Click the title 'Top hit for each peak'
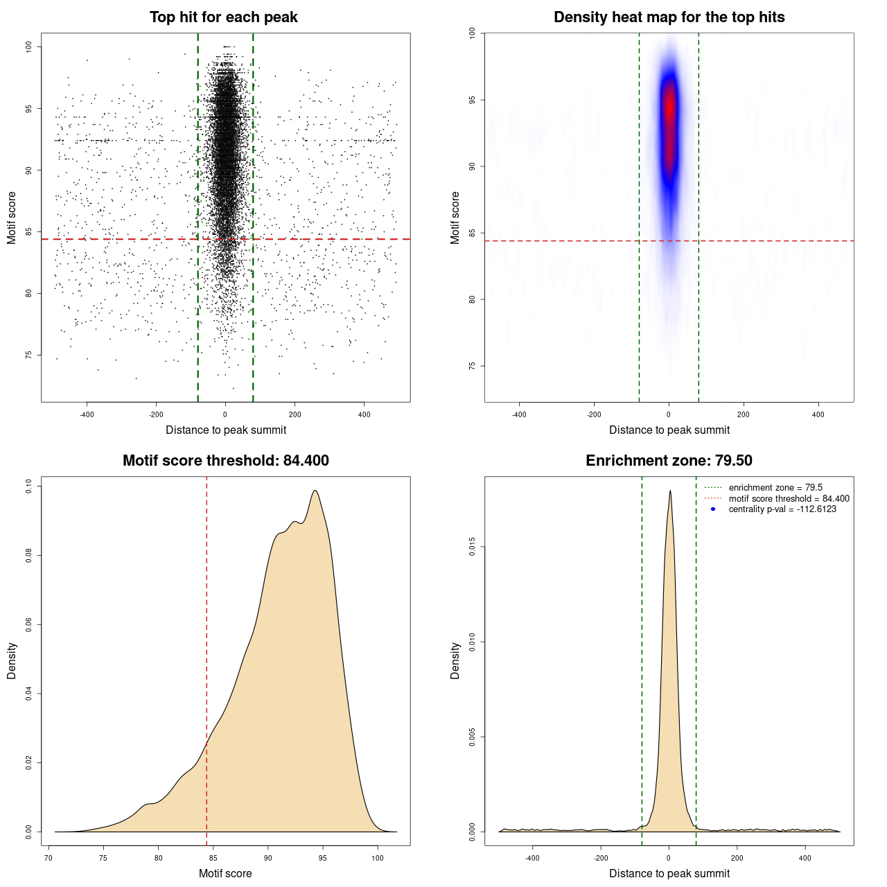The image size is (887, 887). point(223,17)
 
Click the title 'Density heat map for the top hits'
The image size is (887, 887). point(669,17)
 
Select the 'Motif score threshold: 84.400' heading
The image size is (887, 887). point(225,461)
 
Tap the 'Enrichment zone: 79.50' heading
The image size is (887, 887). point(669,461)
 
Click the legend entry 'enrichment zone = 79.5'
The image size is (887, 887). point(775,488)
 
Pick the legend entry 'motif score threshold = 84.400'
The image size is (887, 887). point(789,499)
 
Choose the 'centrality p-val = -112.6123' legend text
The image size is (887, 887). point(782,509)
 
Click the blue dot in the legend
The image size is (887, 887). point(713,509)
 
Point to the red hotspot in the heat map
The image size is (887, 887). point(669,111)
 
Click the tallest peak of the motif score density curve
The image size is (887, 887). point(315,491)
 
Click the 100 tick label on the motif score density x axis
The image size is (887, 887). point(377,858)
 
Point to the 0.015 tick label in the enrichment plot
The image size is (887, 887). point(472,547)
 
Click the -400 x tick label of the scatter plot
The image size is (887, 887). point(87,414)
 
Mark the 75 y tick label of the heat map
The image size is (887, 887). point(472,366)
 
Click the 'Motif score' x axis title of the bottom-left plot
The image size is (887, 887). point(225,873)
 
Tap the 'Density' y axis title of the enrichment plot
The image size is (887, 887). point(455,660)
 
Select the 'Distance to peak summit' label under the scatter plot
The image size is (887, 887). point(226,430)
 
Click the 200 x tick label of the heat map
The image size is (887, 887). point(744,414)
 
